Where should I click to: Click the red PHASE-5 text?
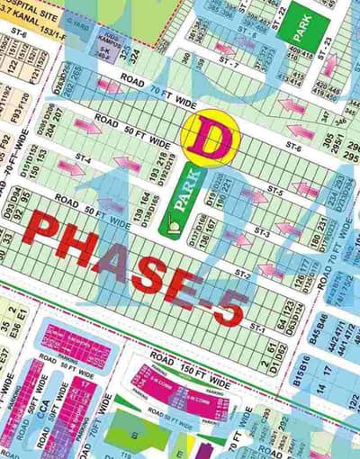135,262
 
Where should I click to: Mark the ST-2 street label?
241,272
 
